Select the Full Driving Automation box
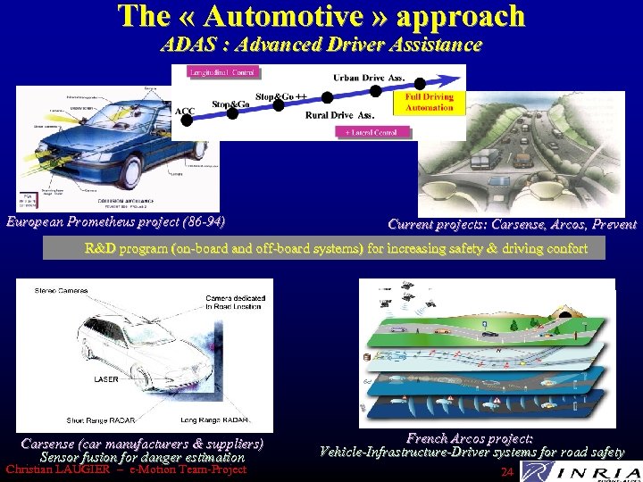pyautogui.click(x=430, y=102)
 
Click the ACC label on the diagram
pyautogui.click(x=186, y=111)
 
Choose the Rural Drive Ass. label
pyautogui.click(x=339, y=114)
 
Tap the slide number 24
pyautogui.click(x=507, y=471)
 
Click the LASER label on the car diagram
pyautogui.click(x=105, y=379)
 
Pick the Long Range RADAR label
pyautogui.click(x=214, y=420)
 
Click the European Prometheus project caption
pyautogui.click(x=114, y=220)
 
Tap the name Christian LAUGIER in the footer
pyautogui.click(x=56, y=470)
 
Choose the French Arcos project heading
pyautogui.click(x=470, y=438)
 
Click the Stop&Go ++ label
pyautogui.click(x=281, y=96)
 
